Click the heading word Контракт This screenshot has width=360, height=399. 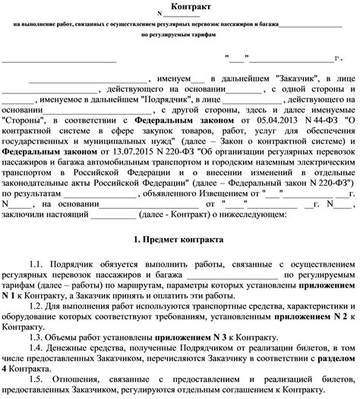(x=181, y=6)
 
